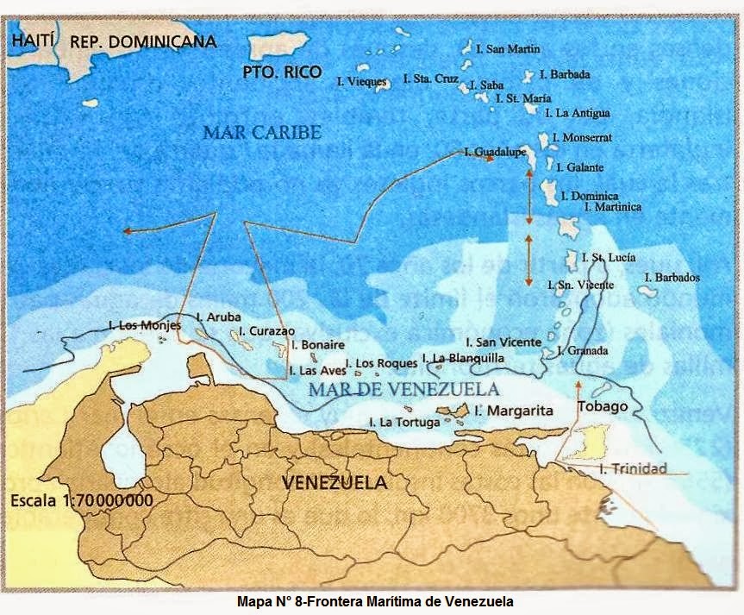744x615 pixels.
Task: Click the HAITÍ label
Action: (x=34, y=40)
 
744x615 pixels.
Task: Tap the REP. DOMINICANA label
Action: (x=142, y=41)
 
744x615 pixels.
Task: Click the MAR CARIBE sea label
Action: (x=262, y=132)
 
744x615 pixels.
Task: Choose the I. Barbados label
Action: (x=672, y=278)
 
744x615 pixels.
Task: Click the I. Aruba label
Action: (x=219, y=317)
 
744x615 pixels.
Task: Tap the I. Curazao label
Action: (x=266, y=330)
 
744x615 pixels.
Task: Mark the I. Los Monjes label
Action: (x=145, y=325)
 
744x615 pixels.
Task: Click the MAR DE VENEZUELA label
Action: (x=403, y=389)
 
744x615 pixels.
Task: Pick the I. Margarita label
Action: (x=514, y=411)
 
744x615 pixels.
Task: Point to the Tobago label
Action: (x=603, y=406)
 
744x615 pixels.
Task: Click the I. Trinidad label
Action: (x=634, y=468)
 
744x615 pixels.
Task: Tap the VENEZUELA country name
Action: (x=334, y=482)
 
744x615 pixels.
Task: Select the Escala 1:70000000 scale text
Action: (x=82, y=500)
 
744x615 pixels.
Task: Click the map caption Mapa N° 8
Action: (x=372, y=601)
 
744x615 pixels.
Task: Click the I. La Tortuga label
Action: (x=404, y=422)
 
